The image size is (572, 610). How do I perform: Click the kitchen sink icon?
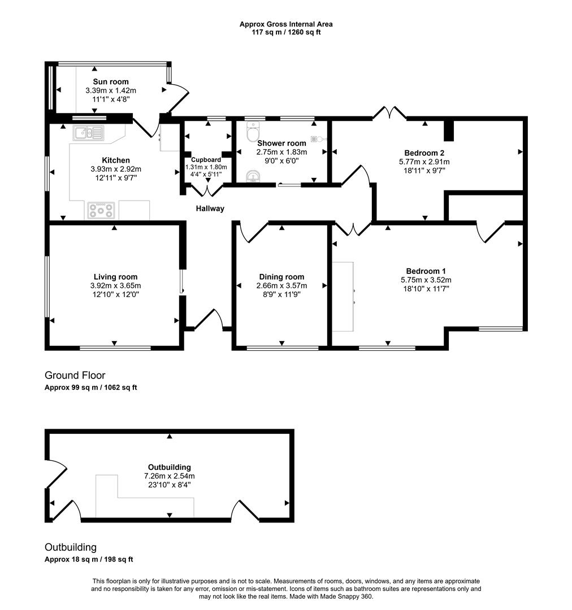point(89,133)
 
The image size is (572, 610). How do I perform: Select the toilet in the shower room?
point(251,133)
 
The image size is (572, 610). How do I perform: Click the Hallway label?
point(210,208)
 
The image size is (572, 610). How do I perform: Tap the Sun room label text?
point(111,82)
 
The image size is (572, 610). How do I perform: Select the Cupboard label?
point(206,160)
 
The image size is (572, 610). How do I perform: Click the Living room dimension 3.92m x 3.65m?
point(115,285)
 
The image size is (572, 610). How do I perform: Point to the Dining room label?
point(281,277)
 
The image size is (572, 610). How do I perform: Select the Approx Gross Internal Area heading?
point(285,24)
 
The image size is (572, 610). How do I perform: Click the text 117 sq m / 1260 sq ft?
point(285,32)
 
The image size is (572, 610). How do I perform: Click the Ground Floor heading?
point(75,376)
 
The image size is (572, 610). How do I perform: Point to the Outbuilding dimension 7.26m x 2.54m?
point(169,476)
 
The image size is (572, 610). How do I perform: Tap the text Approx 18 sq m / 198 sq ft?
point(88,559)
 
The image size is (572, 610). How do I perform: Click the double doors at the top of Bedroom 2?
point(389,113)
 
